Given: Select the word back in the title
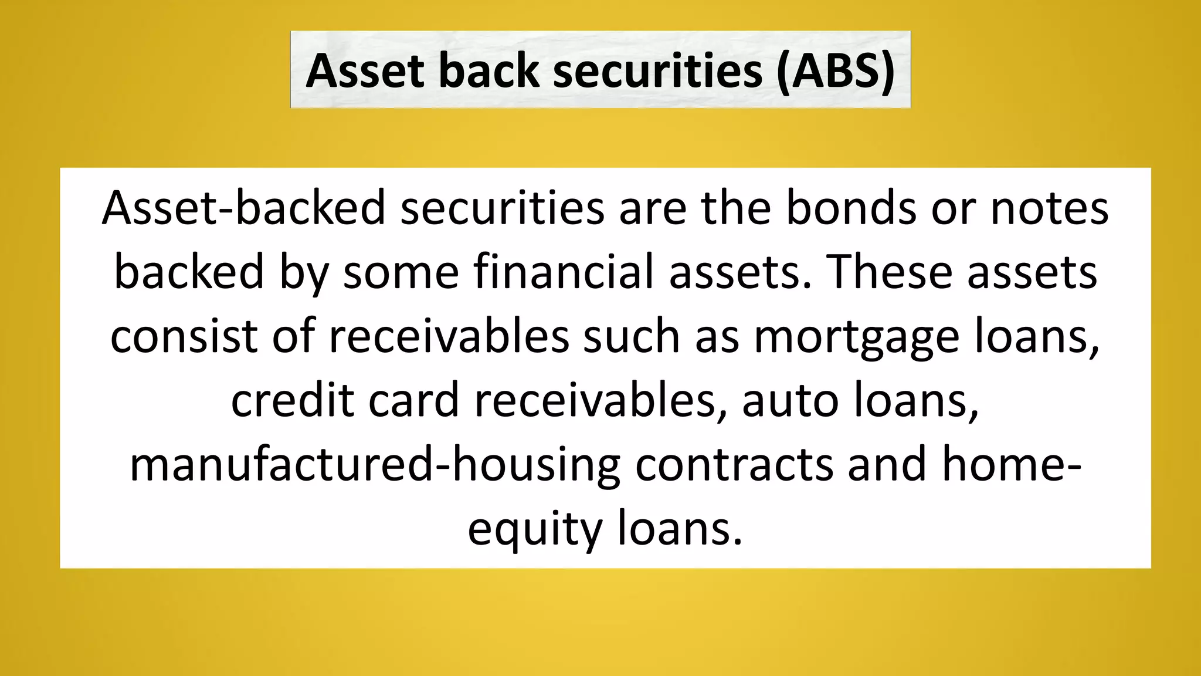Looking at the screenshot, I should [x=488, y=71].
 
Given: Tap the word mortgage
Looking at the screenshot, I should [x=856, y=337].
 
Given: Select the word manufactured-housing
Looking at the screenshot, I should [x=375, y=465].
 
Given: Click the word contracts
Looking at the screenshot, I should [x=734, y=465].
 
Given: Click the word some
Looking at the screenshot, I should [x=401, y=272].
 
